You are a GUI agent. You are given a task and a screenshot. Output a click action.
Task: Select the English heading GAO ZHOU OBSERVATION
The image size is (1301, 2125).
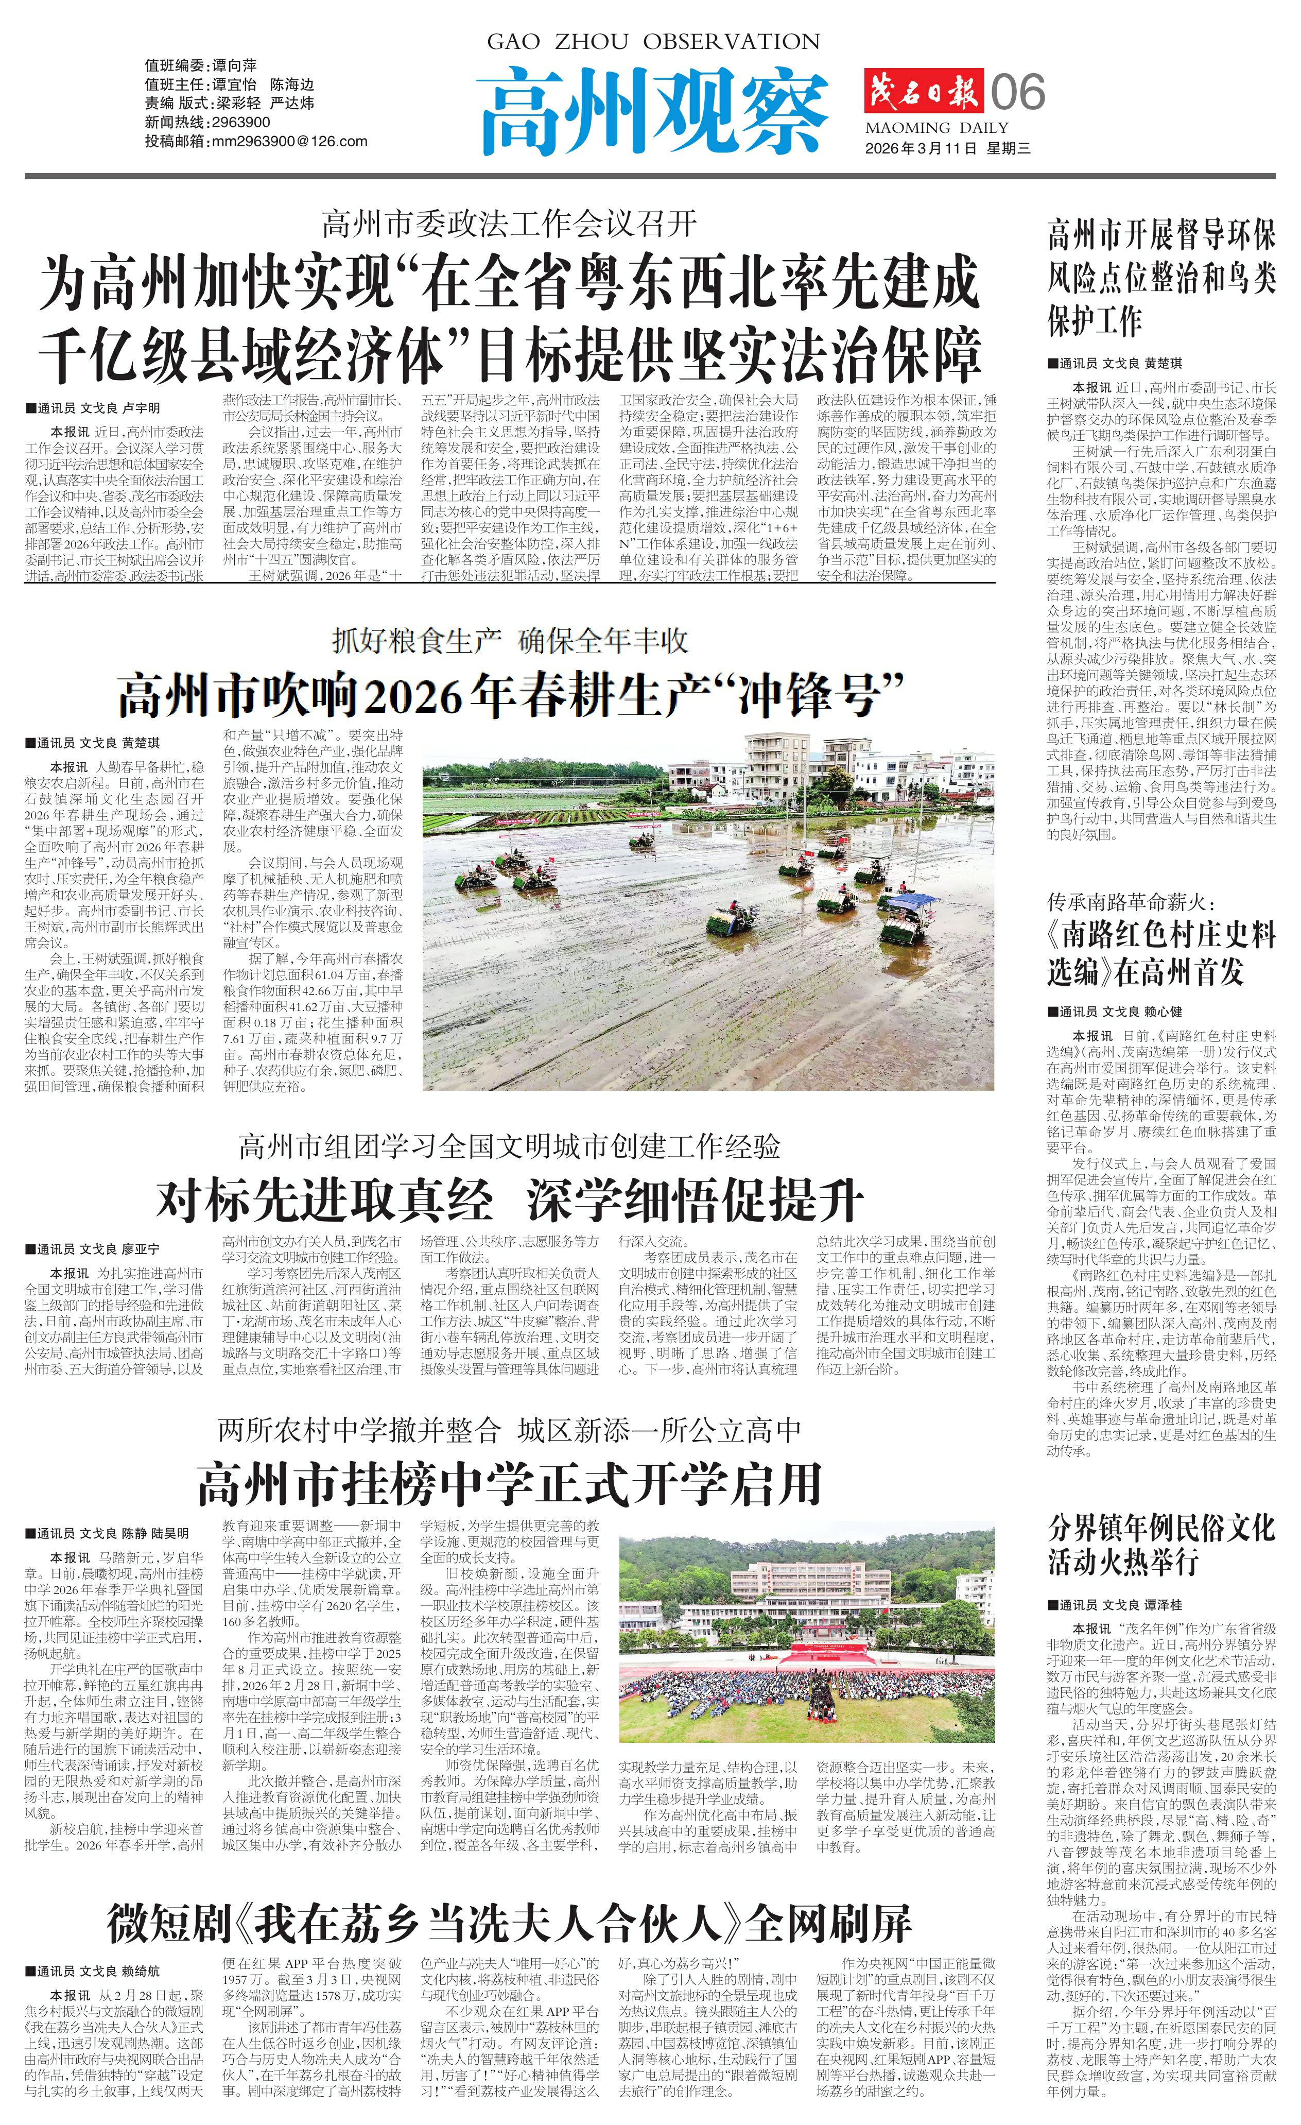(653, 41)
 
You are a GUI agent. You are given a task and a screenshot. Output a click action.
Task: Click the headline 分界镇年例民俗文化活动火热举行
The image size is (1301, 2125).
(1160, 1545)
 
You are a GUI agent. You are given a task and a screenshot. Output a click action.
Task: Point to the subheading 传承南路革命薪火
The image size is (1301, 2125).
(1130, 903)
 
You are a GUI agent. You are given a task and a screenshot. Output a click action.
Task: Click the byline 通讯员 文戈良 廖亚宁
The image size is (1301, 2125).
(97, 1249)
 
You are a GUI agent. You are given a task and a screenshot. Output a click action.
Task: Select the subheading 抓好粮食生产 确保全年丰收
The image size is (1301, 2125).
(510, 641)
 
